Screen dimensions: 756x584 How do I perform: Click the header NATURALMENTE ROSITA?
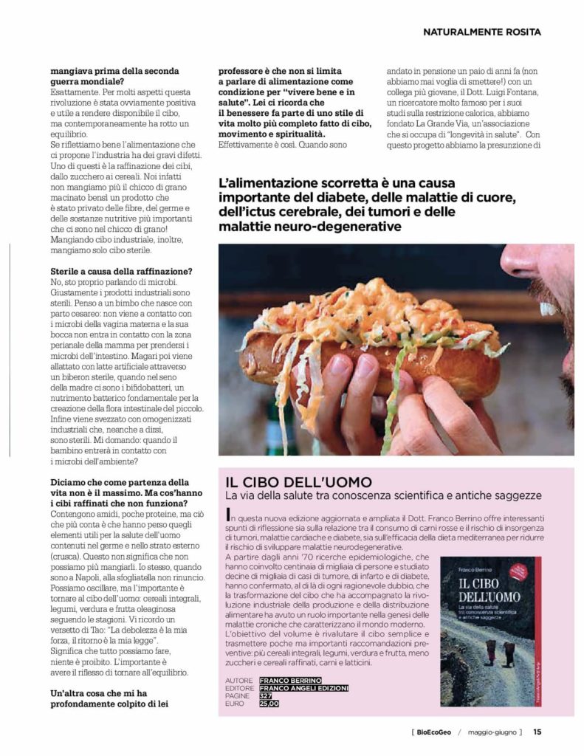point(482,32)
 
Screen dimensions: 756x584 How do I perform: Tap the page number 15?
point(537,732)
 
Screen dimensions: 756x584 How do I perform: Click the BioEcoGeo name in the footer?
point(434,732)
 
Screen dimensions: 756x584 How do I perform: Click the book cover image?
point(490,631)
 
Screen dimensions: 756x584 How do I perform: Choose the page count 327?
point(264,695)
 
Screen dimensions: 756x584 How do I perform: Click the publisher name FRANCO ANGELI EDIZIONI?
point(303,687)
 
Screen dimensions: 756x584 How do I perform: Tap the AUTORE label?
point(238,679)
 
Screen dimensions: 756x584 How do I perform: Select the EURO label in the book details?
point(235,704)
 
